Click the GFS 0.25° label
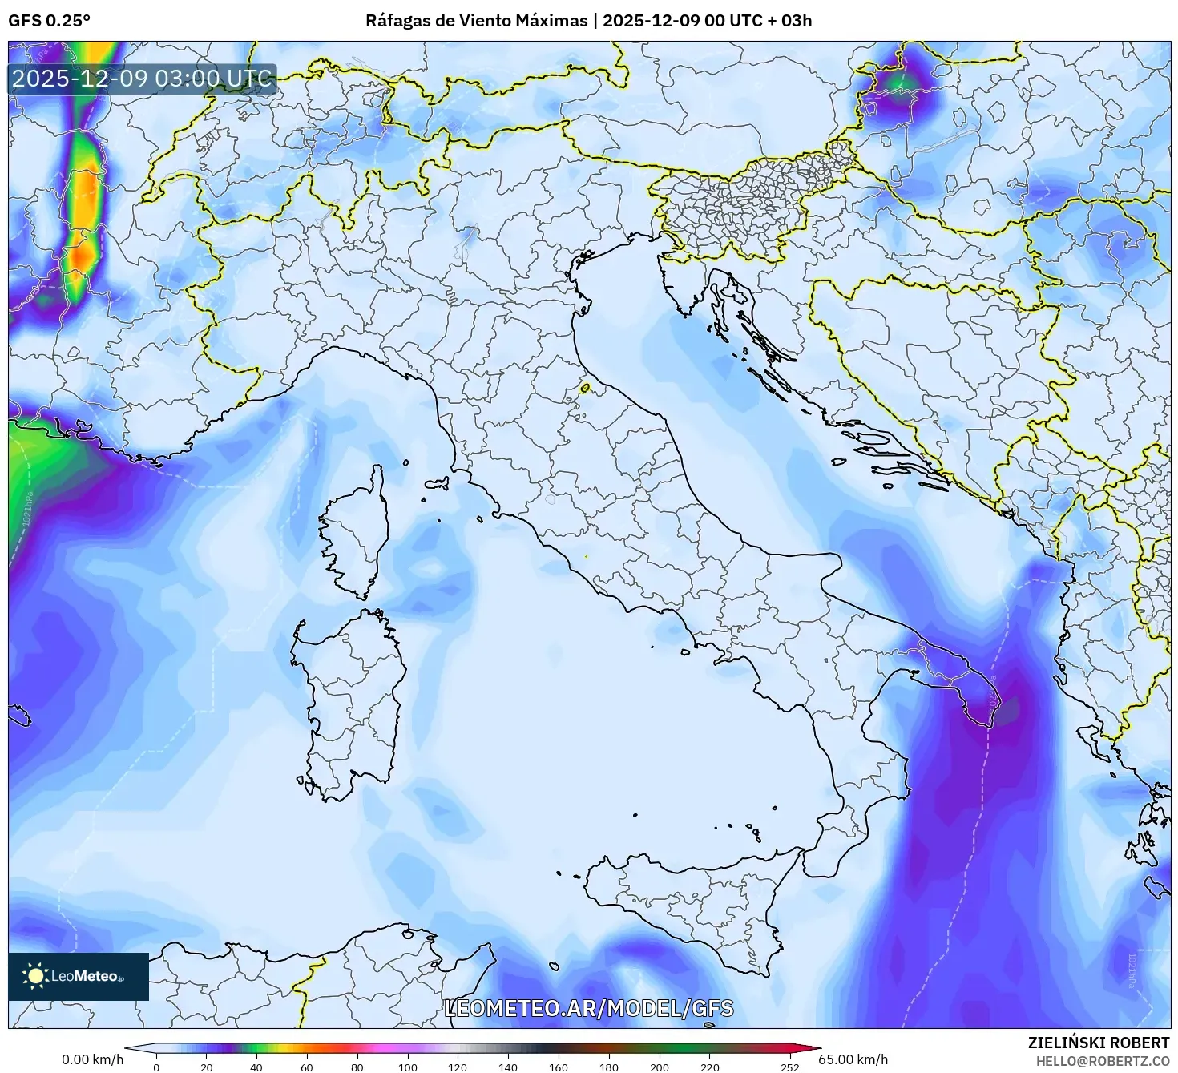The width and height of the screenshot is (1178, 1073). tap(49, 21)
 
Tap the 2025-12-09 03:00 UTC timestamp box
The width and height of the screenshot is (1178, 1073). tap(143, 79)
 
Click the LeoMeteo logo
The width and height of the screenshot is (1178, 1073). tap(79, 976)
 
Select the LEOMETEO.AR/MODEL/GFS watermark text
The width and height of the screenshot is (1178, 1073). tap(588, 1007)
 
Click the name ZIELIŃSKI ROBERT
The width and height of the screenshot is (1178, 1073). tap(1099, 1042)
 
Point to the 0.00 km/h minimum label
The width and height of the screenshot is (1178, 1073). tap(93, 1059)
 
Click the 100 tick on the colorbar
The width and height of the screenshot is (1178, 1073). tap(408, 1067)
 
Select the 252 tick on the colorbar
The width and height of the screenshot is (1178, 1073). tap(790, 1067)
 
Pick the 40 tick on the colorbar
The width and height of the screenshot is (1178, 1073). tap(256, 1067)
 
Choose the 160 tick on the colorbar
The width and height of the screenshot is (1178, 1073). tap(559, 1067)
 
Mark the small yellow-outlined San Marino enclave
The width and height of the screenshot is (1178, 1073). tap(585, 388)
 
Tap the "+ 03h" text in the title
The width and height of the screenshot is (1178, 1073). tap(789, 21)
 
